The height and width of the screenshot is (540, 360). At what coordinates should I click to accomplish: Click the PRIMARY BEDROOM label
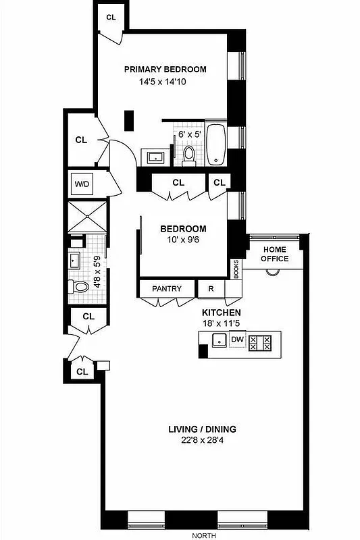[x=165, y=69]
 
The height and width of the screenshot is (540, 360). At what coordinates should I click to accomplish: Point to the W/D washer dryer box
[x=82, y=184]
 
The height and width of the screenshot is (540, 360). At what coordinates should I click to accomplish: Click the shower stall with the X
[x=87, y=217]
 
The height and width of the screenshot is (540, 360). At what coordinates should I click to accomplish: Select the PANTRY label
[x=166, y=289]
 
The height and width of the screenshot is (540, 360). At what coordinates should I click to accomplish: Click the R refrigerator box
[x=211, y=289]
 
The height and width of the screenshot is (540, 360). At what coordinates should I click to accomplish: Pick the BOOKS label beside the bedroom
[x=236, y=269]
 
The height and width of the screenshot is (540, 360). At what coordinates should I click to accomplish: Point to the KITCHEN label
[x=222, y=313]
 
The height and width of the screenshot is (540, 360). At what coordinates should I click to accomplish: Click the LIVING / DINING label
[x=202, y=429]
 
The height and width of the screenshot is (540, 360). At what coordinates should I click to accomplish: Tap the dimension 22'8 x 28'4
[x=202, y=441]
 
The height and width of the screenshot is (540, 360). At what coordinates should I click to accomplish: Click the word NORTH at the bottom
[x=203, y=535]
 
